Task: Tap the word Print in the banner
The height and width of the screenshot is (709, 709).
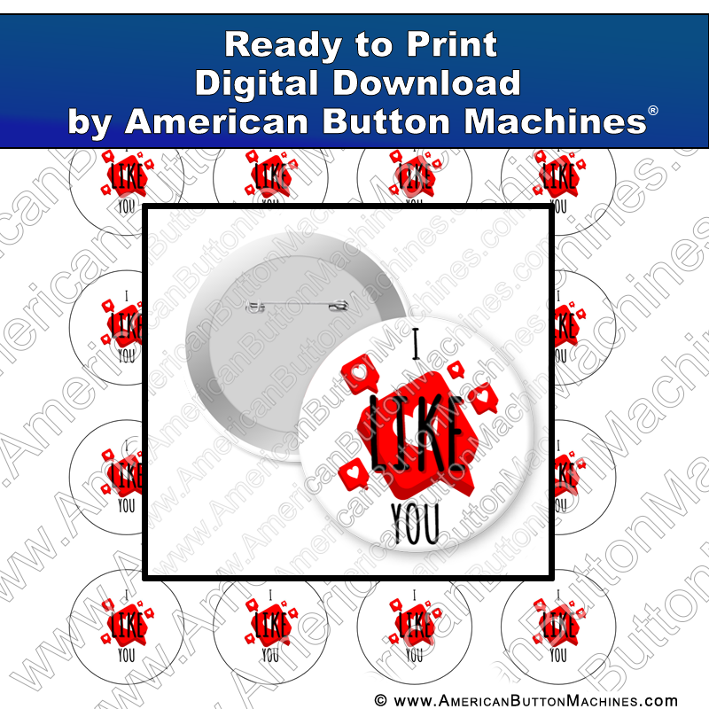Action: (456, 44)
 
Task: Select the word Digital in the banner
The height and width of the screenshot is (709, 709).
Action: (265, 83)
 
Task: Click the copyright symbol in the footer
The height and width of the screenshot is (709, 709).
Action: (382, 700)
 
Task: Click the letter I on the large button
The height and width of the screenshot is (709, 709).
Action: (414, 343)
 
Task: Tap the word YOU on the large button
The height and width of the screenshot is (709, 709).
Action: (415, 523)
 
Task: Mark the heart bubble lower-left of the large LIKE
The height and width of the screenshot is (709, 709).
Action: (354, 470)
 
